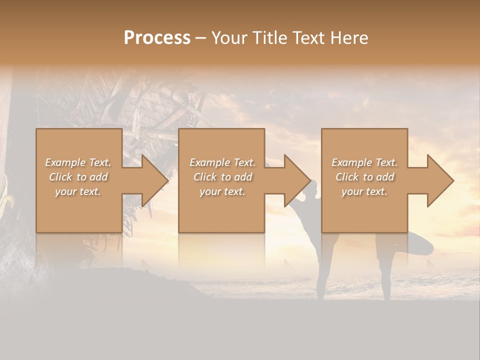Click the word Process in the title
point(157,38)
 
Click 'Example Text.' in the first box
point(78,162)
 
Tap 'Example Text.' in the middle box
point(222,162)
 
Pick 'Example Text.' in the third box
point(364,162)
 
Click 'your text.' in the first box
point(78,191)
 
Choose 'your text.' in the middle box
point(222,191)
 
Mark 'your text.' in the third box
point(364,191)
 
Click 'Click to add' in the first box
point(78,177)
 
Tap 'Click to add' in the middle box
point(222,177)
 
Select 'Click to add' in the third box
point(364,177)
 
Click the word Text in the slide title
point(307,38)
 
